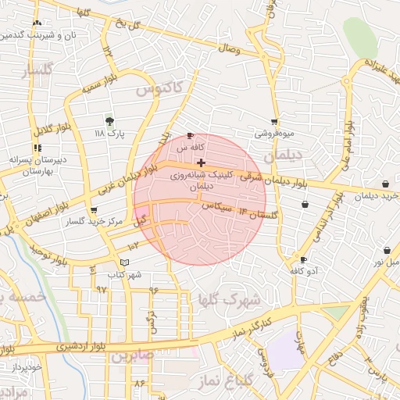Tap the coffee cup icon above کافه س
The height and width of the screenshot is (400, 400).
(x=191, y=135)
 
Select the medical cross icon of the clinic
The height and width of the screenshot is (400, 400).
(x=202, y=162)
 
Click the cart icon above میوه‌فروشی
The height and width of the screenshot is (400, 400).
(x=274, y=121)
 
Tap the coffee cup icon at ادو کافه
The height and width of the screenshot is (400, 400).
(x=303, y=259)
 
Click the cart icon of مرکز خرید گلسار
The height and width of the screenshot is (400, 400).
(x=94, y=210)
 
